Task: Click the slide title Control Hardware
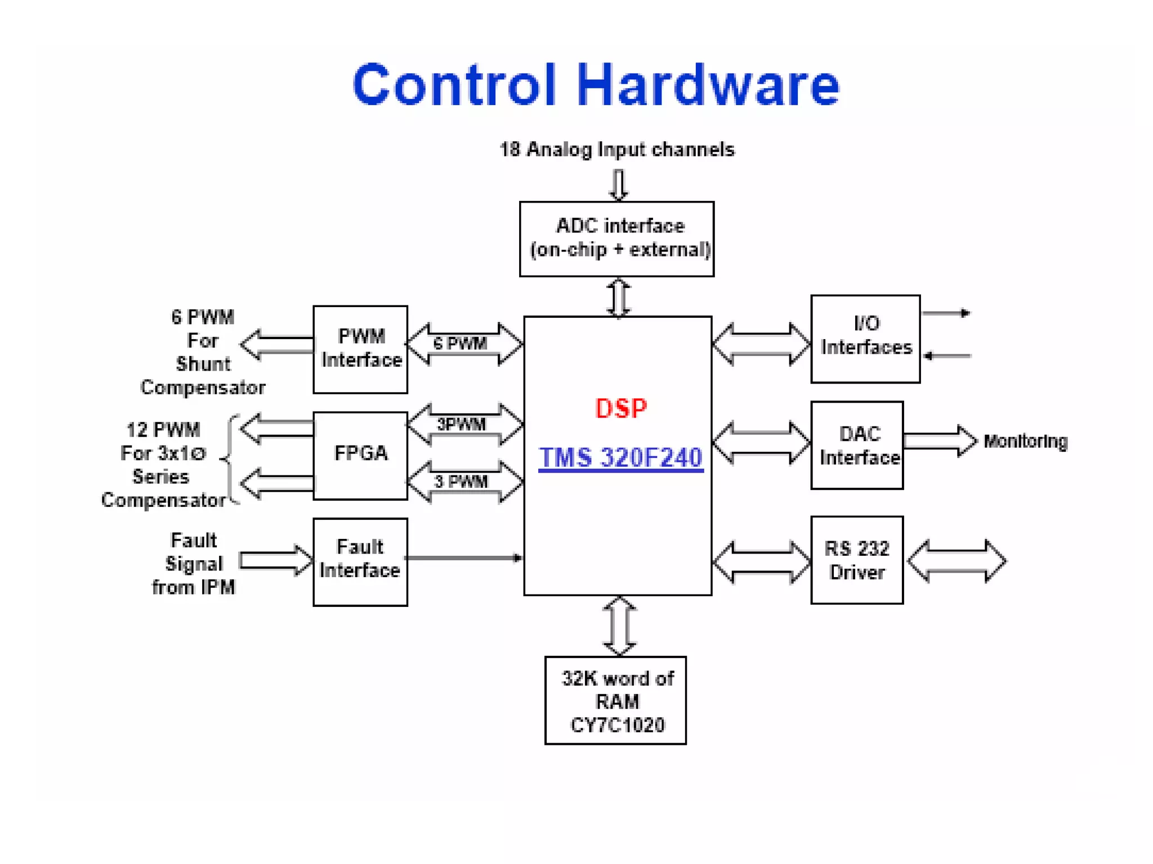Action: pos(596,84)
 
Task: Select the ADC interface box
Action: pos(616,238)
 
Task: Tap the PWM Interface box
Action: pos(360,349)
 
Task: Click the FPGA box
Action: pos(360,455)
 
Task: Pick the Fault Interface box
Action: pos(360,561)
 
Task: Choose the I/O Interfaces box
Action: pos(865,339)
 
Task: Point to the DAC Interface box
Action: pos(857,445)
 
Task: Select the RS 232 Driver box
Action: pos(857,560)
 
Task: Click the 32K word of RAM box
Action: pos(615,700)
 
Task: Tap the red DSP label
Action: pos(621,408)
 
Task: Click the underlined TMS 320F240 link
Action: pos(620,457)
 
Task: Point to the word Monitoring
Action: pos(1025,441)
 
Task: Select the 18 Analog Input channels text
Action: pos(617,150)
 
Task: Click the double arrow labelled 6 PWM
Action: pos(465,344)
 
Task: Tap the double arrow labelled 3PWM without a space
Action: pos(465,424)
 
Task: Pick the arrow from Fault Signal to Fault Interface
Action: pos(275,560)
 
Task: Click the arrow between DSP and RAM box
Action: pos(619,626)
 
